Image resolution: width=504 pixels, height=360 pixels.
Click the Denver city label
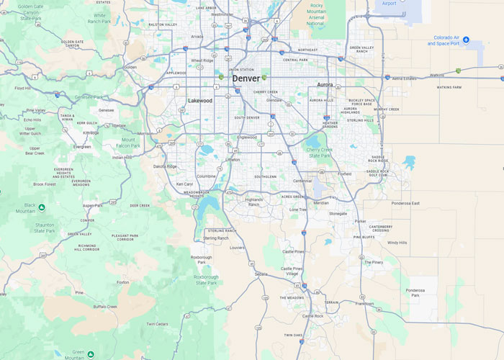[246, 78]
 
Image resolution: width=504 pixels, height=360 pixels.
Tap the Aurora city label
[325, 85]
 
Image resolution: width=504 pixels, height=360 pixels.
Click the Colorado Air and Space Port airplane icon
[466, 39]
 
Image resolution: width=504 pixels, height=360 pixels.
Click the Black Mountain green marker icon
[42, 207]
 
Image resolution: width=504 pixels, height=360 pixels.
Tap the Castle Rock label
[312, 316]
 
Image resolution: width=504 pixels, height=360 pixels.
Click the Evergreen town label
[82, 146]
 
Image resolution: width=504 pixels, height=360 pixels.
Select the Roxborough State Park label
[206, 279]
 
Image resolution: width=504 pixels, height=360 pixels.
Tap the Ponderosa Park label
[415, 293]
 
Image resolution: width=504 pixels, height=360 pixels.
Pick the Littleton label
[232, 160]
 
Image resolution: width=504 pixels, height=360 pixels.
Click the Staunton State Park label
[45, 228]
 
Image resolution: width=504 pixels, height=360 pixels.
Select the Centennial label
[302, 181]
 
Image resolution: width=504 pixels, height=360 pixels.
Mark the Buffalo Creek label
[105, 307]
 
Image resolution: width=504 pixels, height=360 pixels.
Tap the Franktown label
[364, 304]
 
